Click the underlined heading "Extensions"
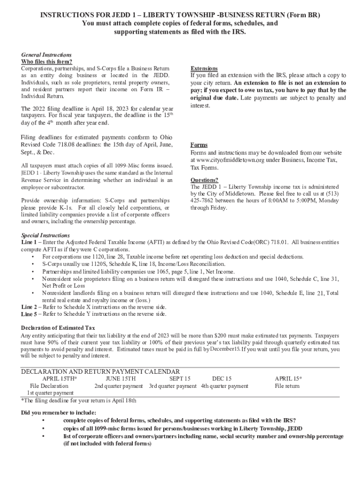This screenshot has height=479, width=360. (x=205, y=68)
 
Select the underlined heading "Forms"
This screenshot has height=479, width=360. (x=199, y=145)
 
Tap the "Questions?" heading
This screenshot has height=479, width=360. (x=204, y=180)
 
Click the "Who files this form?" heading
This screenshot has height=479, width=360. (x=47, y=62)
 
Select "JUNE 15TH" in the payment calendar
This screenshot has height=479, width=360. (x=121, y=378)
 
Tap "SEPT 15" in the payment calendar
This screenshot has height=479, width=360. (x=180, y=378)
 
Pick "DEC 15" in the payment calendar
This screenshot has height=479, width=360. (x=222, y=378)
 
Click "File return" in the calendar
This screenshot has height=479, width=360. (x=287, y=386)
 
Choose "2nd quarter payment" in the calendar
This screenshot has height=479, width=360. (x=119, y=386)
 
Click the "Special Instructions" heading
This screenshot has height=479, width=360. (x=45, y=235)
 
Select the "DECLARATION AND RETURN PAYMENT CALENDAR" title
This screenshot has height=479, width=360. (x=101, y=371)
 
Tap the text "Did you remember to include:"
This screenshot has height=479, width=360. (x=59, y=413)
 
